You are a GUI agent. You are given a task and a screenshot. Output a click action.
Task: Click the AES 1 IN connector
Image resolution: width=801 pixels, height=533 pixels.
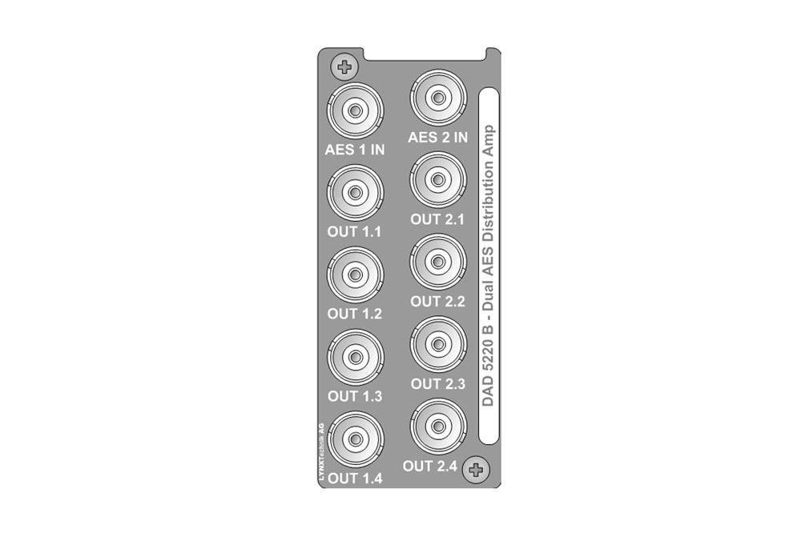tap(355, 110)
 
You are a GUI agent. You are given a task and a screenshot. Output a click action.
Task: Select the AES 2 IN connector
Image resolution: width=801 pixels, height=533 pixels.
tap(438, 98)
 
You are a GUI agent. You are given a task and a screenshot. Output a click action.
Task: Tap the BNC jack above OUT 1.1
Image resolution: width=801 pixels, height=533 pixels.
tap(355, 193)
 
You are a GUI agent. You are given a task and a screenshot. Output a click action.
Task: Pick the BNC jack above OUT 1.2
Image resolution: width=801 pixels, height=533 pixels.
tap(355, 275)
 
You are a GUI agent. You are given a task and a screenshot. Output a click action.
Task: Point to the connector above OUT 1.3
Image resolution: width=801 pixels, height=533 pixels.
tap(355, 358)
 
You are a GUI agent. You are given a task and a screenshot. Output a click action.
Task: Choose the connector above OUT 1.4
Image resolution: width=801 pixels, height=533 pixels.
tap(355, 439)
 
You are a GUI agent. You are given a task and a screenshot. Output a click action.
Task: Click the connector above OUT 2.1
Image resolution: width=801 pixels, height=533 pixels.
tap(438, 180)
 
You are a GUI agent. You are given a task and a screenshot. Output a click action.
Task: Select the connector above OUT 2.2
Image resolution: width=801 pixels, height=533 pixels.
tap(438, 262)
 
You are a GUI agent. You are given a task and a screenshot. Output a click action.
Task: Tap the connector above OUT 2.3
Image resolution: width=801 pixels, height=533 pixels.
tap(438, 344)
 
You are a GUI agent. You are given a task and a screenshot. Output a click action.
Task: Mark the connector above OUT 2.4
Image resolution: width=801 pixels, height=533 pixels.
tap(438, 427)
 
